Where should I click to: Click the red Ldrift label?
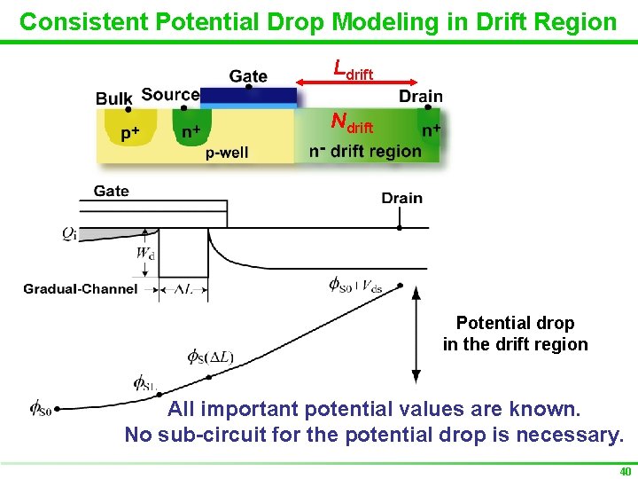(x=353, y=69)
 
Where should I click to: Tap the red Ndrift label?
(x=352, y=122)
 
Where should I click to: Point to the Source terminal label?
(x=170, y=94)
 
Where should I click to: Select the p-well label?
(x=227, y=152)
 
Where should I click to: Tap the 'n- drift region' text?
(x=365, y=151)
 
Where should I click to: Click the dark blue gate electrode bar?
(x=248, y=95)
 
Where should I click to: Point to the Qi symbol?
(x=70, y=233)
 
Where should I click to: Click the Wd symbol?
(x=144, y=254)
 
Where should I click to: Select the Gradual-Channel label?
(x=81, y=288)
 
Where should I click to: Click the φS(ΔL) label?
(x=210, y=357)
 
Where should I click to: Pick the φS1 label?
(x=144, y=383)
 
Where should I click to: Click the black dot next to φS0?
(x=58, y=410)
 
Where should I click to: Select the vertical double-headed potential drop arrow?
(x=415, y=336)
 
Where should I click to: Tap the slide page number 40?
(x=625, y=471)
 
